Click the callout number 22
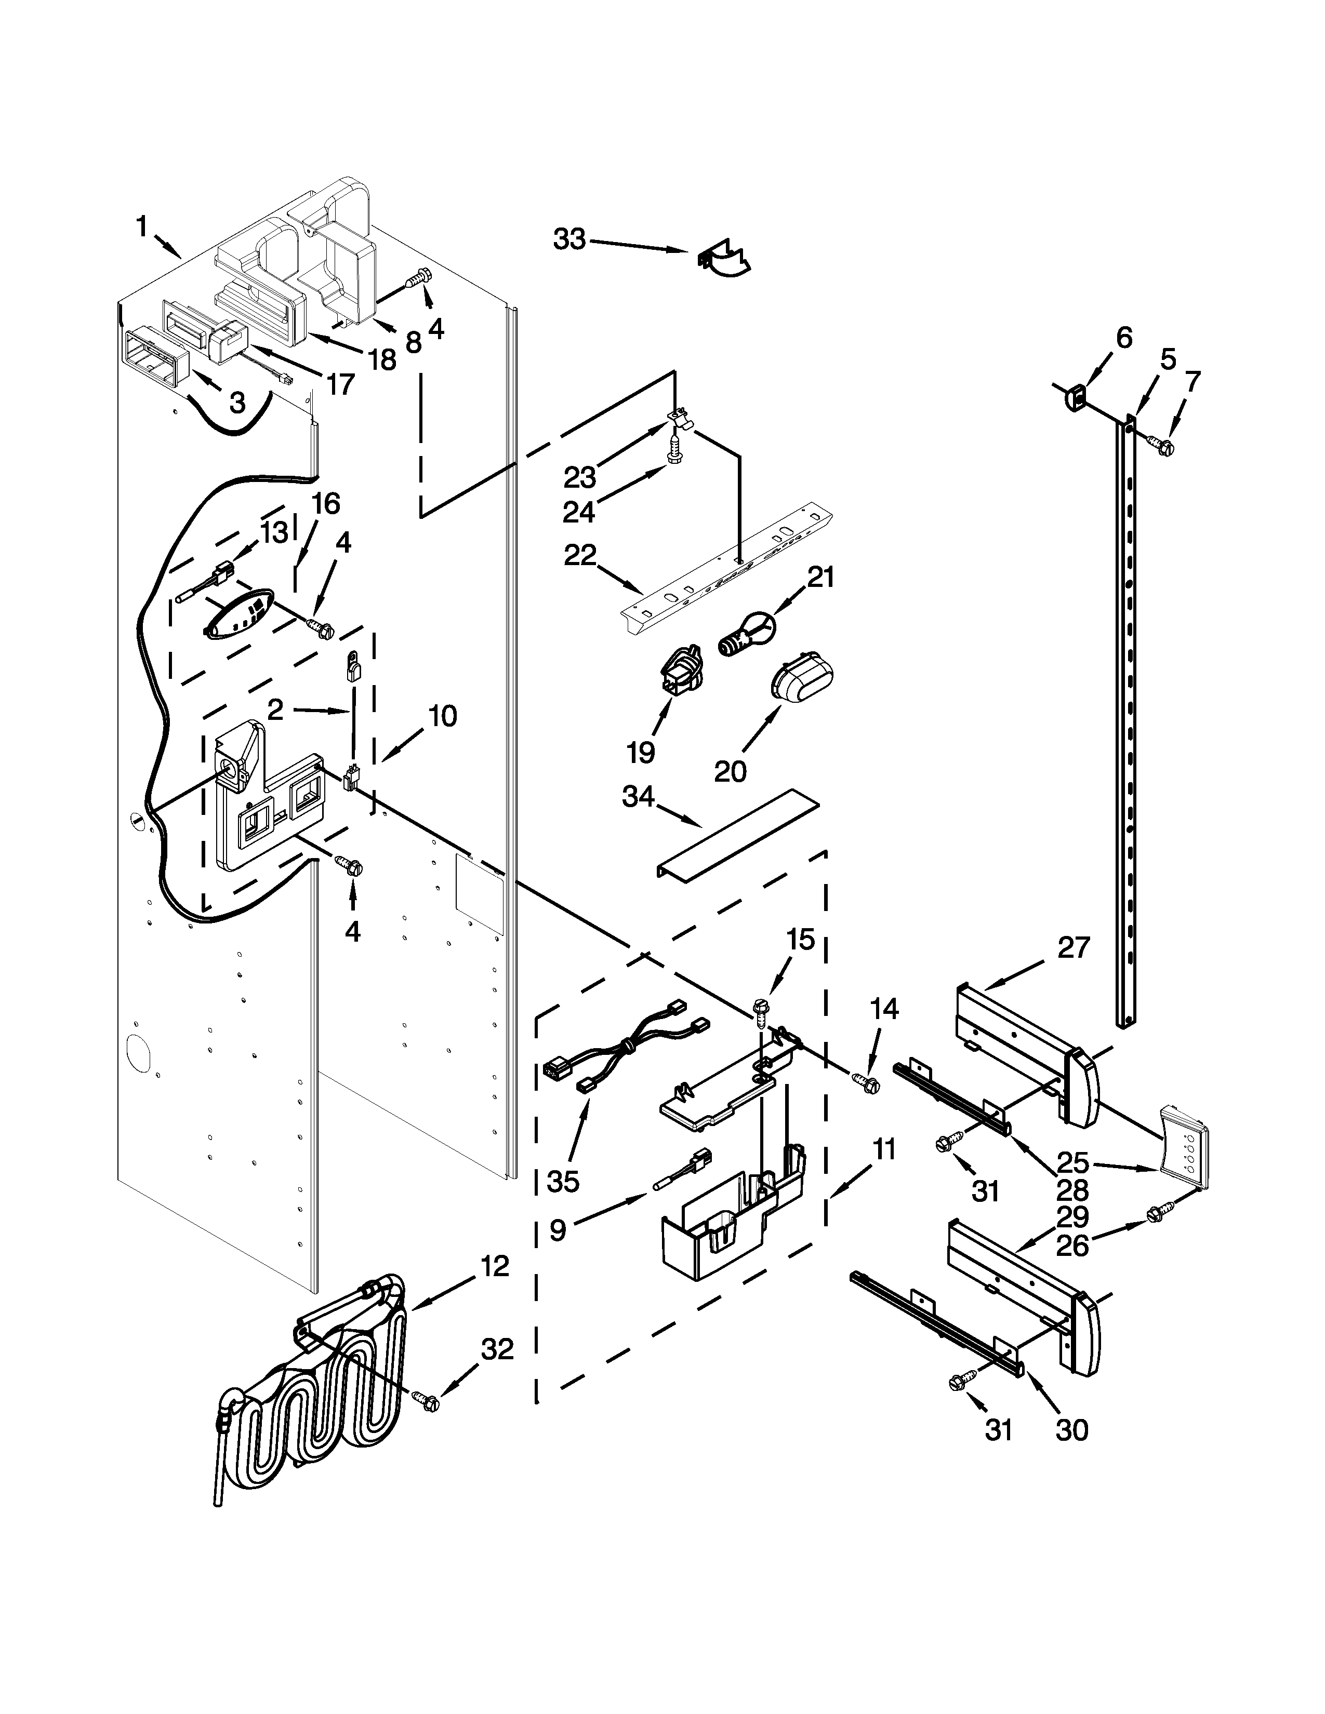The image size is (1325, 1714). coord(581,556)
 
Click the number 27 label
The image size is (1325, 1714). coord(1073,948)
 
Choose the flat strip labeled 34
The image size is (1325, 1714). coord(738,834)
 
